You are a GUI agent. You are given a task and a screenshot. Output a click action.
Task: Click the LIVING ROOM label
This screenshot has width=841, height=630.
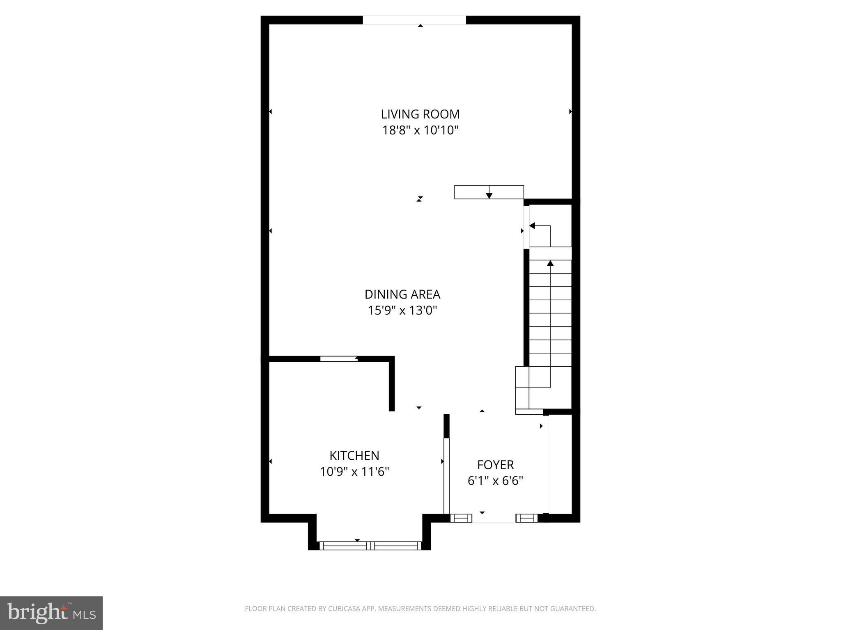420,114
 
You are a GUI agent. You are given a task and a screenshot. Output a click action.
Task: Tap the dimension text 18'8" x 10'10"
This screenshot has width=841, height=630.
420,130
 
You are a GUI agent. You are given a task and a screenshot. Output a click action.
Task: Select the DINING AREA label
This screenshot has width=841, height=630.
402,294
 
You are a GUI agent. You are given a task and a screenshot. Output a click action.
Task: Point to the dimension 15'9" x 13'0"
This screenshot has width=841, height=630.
402,310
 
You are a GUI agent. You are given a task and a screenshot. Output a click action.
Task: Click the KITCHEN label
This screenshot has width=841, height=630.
354,456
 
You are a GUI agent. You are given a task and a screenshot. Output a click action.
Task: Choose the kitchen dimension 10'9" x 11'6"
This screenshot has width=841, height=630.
354,472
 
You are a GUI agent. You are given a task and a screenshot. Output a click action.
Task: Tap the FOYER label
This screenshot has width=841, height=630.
495,465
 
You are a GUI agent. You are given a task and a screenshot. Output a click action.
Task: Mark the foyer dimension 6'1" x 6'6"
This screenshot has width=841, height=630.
495,481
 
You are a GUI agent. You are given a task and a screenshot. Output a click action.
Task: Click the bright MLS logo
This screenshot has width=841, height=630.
51,613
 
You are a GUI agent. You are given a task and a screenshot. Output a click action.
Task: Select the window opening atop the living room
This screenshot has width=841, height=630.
414,20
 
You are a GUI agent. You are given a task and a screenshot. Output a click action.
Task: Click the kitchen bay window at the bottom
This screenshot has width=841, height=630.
370,546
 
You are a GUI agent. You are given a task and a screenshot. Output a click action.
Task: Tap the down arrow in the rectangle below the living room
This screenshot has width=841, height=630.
489,195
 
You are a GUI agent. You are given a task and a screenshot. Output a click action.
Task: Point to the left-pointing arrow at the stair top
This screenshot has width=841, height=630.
533,226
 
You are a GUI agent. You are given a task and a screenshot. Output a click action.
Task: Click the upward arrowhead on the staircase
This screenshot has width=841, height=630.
550,263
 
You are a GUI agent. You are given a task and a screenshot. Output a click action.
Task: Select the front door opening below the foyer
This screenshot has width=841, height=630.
494,518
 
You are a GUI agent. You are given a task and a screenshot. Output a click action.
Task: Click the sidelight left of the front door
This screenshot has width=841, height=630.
461,518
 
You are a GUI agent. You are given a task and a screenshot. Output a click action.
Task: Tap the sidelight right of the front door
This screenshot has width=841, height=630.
527,518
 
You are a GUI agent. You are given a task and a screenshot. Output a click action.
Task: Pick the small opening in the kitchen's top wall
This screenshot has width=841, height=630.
339,359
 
